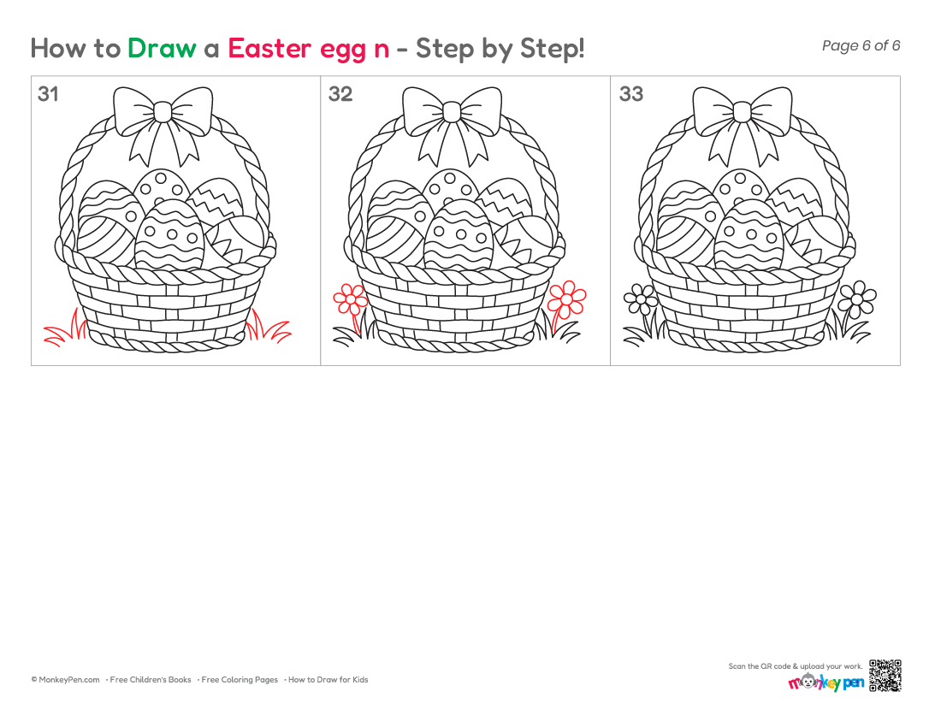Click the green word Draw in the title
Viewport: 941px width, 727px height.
162,48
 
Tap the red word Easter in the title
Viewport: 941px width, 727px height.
269,48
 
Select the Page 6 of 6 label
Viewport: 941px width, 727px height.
861,45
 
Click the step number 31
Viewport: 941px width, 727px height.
48,93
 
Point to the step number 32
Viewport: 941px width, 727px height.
340,93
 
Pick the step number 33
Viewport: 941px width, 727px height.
630,93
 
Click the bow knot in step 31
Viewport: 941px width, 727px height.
163,111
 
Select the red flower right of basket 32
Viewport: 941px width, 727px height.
567,298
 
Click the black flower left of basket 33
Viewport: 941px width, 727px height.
641,298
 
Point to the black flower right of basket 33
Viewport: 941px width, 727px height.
857,298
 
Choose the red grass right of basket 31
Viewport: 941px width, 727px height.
269,327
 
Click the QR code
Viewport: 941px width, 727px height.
885,676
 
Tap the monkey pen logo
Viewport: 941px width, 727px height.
826,682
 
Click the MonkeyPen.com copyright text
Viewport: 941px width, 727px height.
65,680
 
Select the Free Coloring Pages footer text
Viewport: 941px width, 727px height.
240,680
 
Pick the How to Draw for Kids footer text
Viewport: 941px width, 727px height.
328,680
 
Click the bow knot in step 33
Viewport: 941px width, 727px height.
742,111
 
